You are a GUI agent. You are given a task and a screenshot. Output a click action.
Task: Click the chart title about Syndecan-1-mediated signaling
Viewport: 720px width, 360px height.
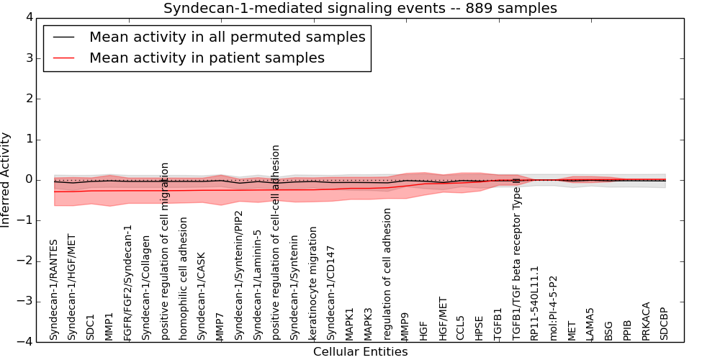[360, 9]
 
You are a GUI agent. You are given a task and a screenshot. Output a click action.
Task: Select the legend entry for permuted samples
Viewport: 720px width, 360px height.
[227, 37]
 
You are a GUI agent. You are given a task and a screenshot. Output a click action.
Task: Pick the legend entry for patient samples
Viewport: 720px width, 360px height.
[207, 58]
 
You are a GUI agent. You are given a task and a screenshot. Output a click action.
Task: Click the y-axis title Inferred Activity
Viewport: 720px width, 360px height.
[6, 180]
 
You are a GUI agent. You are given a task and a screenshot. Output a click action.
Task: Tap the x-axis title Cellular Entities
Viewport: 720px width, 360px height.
[360, 352]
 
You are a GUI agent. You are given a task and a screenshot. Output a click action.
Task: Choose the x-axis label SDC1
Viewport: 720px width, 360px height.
[91, 327]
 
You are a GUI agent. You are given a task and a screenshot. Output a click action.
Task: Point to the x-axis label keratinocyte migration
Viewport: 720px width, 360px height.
[312, 283]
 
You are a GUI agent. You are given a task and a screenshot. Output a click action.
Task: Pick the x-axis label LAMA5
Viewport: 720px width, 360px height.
[590, 323]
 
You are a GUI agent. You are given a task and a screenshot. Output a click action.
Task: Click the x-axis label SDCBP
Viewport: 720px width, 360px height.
[665, 323]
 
